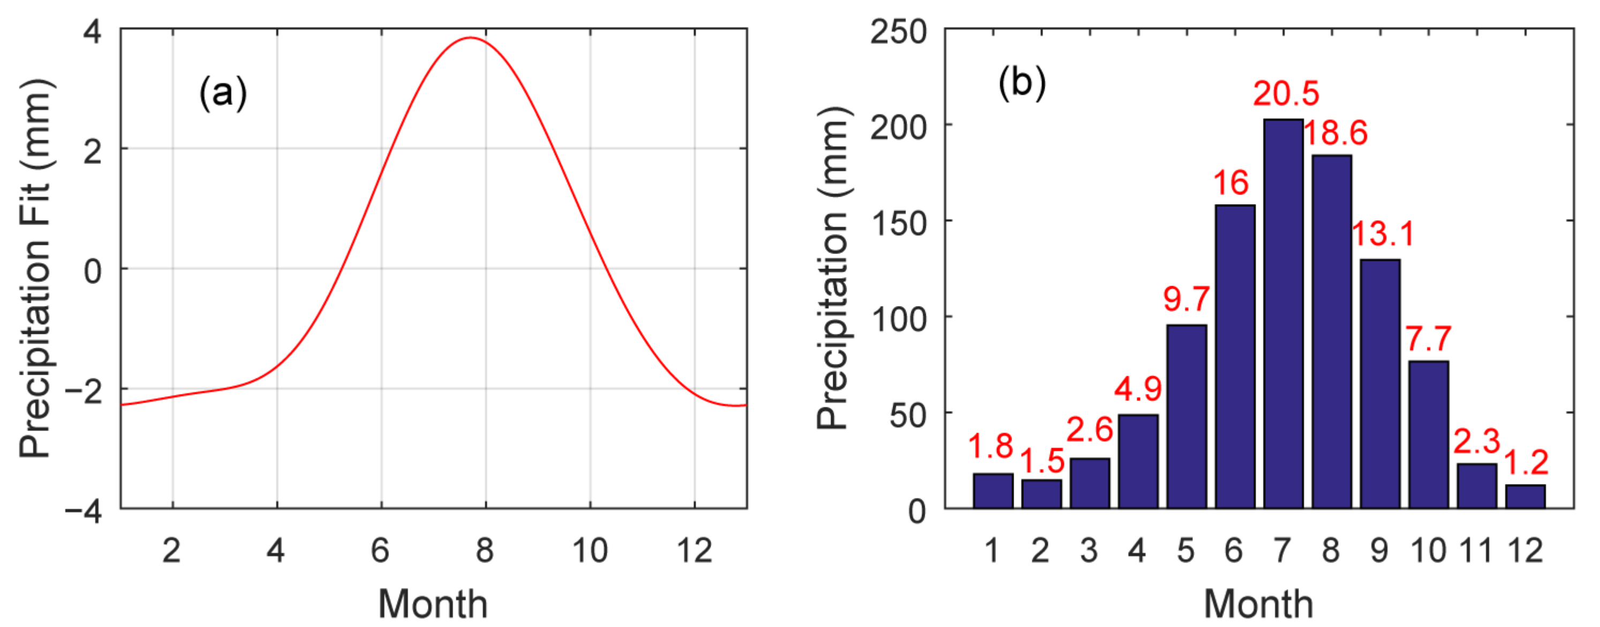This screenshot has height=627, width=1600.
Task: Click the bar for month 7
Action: (x=1283, y=314)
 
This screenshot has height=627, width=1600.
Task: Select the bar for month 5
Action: (x=1186, y=416)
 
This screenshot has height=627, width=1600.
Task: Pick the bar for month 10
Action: (x=1429, y=435)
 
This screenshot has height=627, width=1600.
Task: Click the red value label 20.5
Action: (x=1286, y=94)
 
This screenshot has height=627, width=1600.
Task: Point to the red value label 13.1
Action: (x=1383, y=235)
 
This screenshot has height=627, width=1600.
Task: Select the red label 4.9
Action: (x=1137, y=390)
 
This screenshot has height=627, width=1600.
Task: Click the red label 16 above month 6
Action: (x=1231, y=184)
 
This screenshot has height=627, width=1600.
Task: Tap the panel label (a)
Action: (x=223, y=94)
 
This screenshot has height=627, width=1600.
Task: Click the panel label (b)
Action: (x=1022, y=83)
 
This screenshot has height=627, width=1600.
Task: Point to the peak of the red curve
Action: (x=470, y=38)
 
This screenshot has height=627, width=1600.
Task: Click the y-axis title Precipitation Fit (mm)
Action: (x=36, y=268)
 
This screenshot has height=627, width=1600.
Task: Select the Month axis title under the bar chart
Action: (x=1258, y=604)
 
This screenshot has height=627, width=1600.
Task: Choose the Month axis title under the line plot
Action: (x=433, y=604)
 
